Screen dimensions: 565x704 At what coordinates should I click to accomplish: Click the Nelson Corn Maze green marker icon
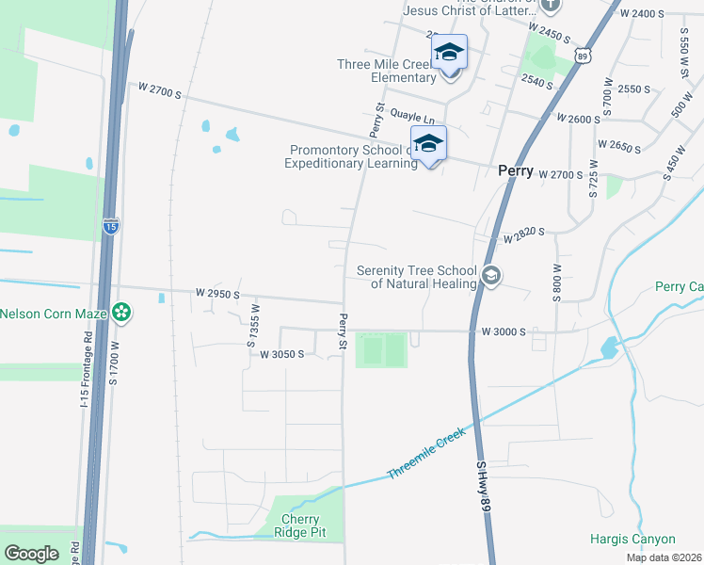click(120, 313)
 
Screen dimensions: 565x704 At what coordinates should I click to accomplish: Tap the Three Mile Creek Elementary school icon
click(450, 54)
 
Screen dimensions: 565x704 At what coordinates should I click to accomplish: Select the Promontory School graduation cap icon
click(428, 144)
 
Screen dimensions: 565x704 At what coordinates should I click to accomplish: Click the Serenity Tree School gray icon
click(489, 276)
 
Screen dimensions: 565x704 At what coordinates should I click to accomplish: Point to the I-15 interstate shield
click(111, 226)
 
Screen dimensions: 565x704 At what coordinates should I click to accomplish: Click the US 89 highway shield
click(584, 56)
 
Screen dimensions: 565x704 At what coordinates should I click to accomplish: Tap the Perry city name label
click(518, 172)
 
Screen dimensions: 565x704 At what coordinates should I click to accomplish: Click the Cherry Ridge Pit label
click(300, 525)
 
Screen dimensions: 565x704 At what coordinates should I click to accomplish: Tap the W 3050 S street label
click(276, 354)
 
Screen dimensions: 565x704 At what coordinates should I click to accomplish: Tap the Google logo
click(32, 554)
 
